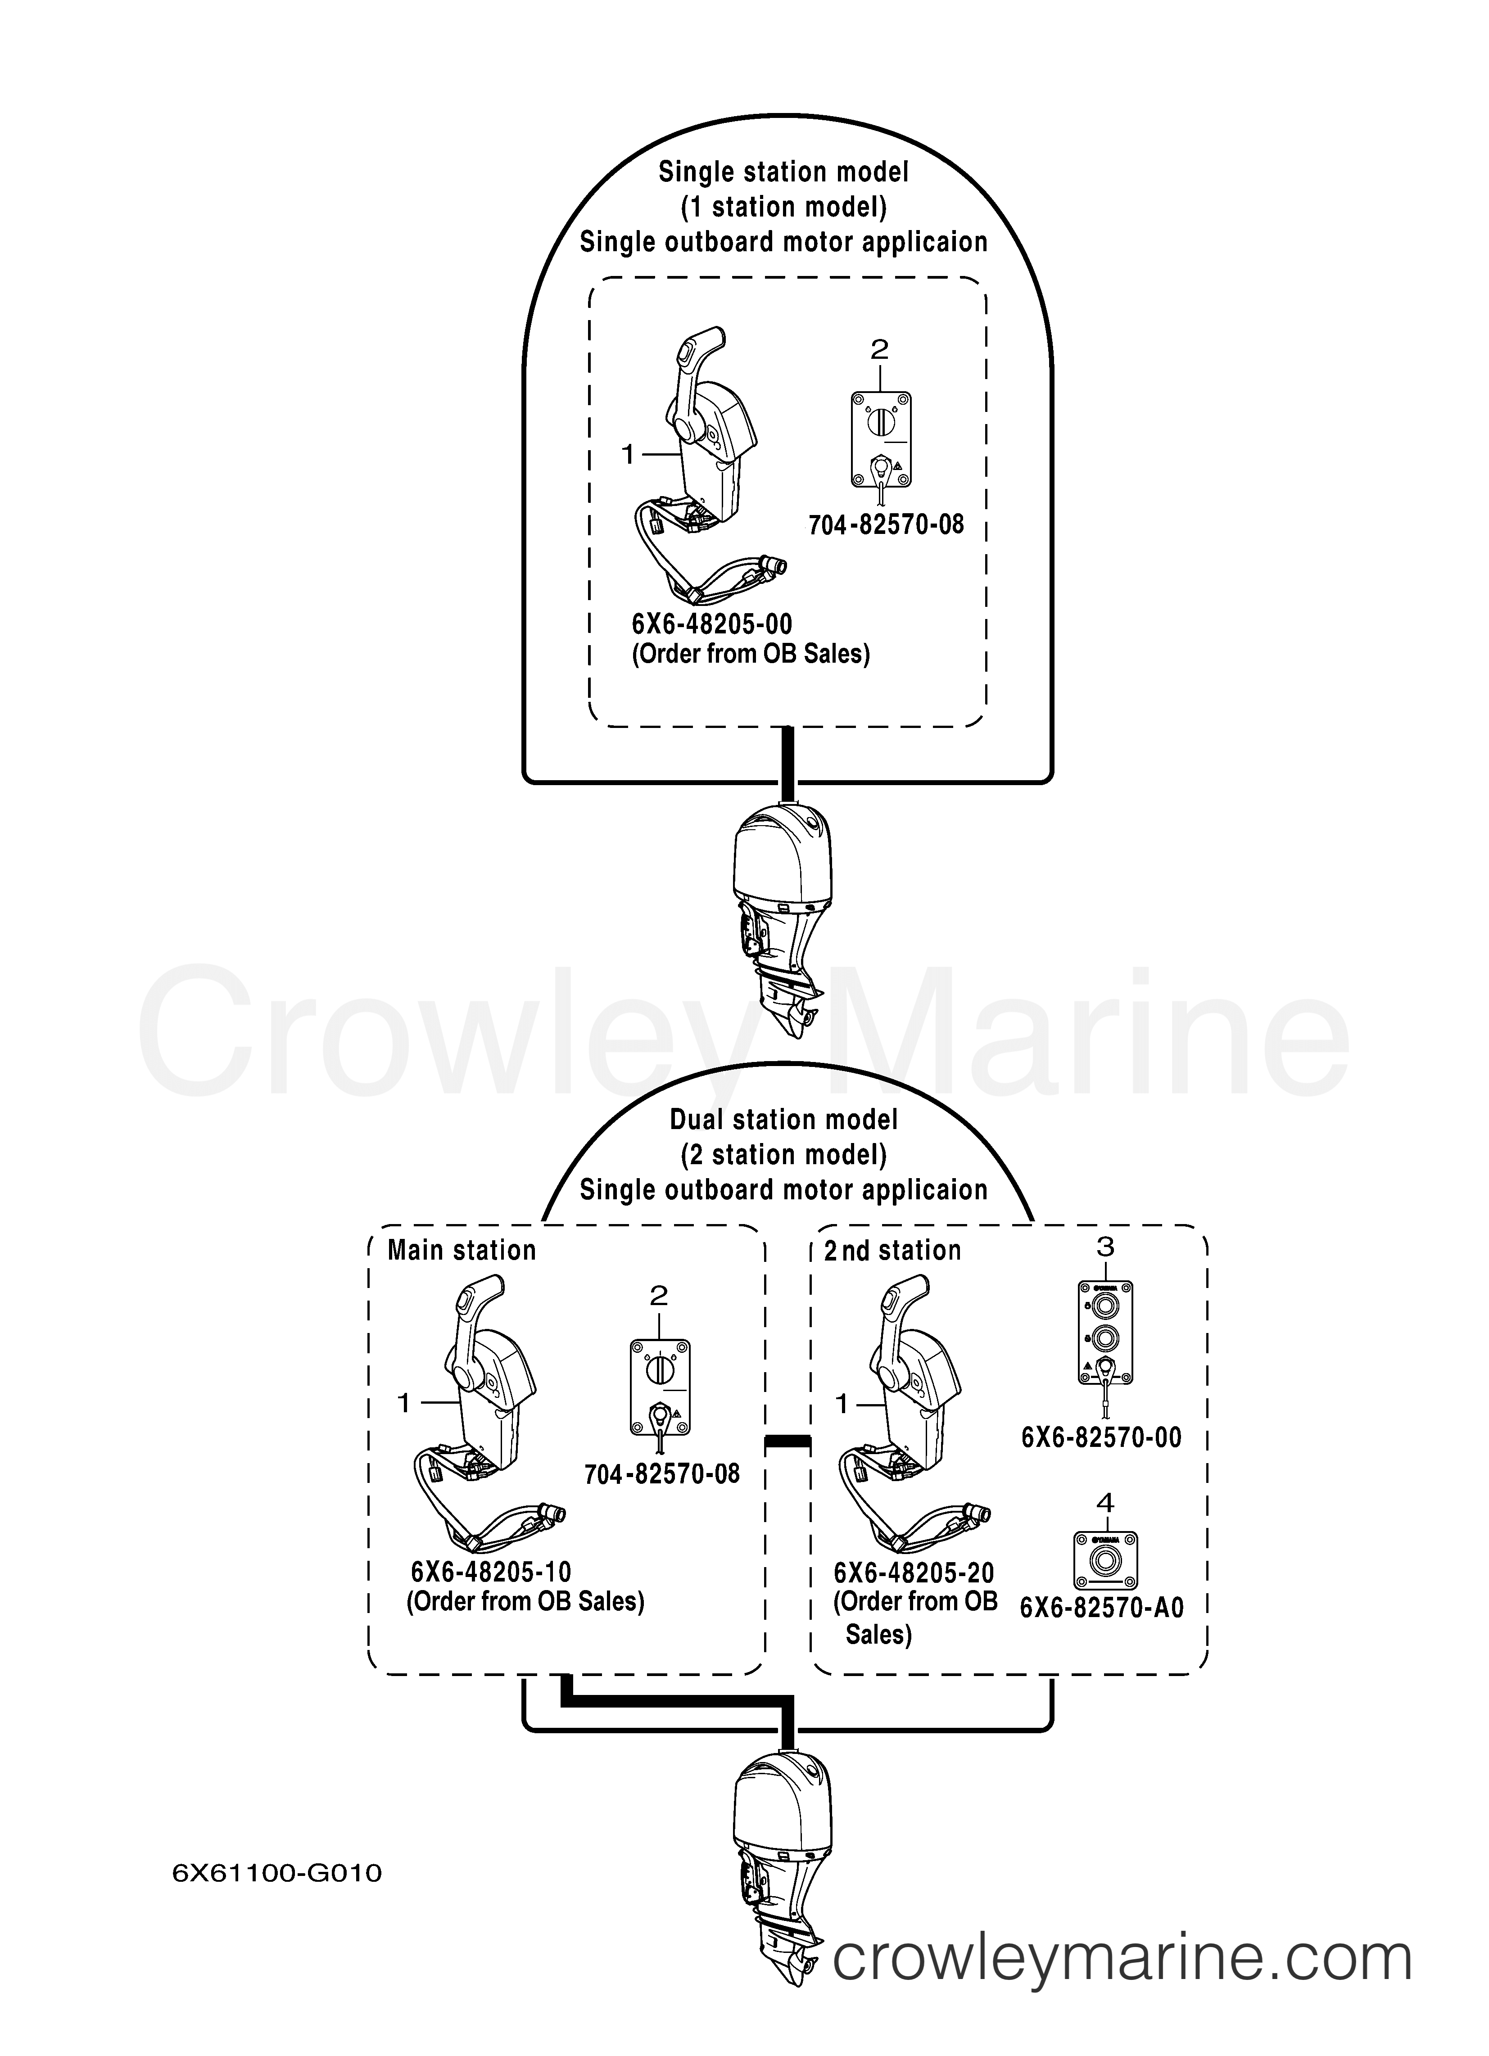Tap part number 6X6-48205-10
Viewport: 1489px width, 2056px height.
(x=491, y=1571)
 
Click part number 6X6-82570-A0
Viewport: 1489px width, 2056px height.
(x=1102, y=1607)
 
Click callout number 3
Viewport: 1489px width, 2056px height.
(x=1104, y=1247)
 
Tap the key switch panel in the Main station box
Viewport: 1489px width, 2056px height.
(x=659, y=1387)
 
